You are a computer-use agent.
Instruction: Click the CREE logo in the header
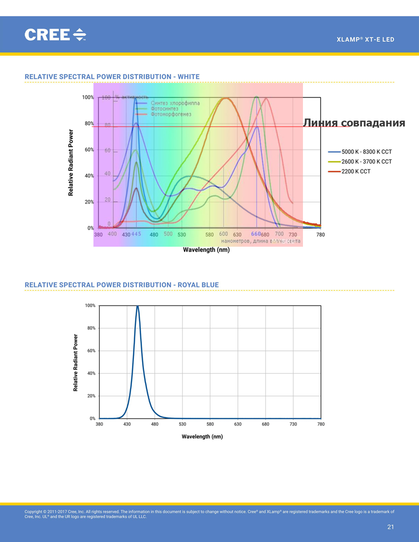(x=55, y=35)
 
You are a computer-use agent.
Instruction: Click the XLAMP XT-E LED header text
(x=365, y=39)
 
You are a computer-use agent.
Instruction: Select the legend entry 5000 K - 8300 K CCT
(x=366, y=152)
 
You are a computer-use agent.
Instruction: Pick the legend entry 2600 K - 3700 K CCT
(x=366, y=161)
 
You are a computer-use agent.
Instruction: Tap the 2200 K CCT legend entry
(x=356, y=171)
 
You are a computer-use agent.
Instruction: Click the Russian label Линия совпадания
(x=354, y=123)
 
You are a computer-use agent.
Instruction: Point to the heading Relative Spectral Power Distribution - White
(x=112, y=77)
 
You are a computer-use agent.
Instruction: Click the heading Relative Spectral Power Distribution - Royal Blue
(x=122, y=285)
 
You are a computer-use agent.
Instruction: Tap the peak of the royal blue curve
(x=137, y=307)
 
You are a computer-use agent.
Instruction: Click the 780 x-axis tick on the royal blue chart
(x=321, y=424)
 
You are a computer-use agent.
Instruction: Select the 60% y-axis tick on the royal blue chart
(x=91, y=351)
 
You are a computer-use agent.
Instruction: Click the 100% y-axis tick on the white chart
(x=88, y=97)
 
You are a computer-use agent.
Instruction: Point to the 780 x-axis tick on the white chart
(x=321, y=235)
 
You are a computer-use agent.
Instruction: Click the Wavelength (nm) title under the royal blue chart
(x=202, y=436)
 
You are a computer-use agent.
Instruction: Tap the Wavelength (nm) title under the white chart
(x=206, y=250)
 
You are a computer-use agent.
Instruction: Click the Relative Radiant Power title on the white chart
(x=71, y=163)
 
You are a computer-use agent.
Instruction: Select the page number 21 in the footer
(x=391, y=527)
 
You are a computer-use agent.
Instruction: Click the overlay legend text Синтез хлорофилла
(x=175, y=103)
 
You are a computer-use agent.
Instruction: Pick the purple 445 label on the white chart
(x=136, y=234)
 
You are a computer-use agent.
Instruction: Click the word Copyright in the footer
(x=33, y=511)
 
